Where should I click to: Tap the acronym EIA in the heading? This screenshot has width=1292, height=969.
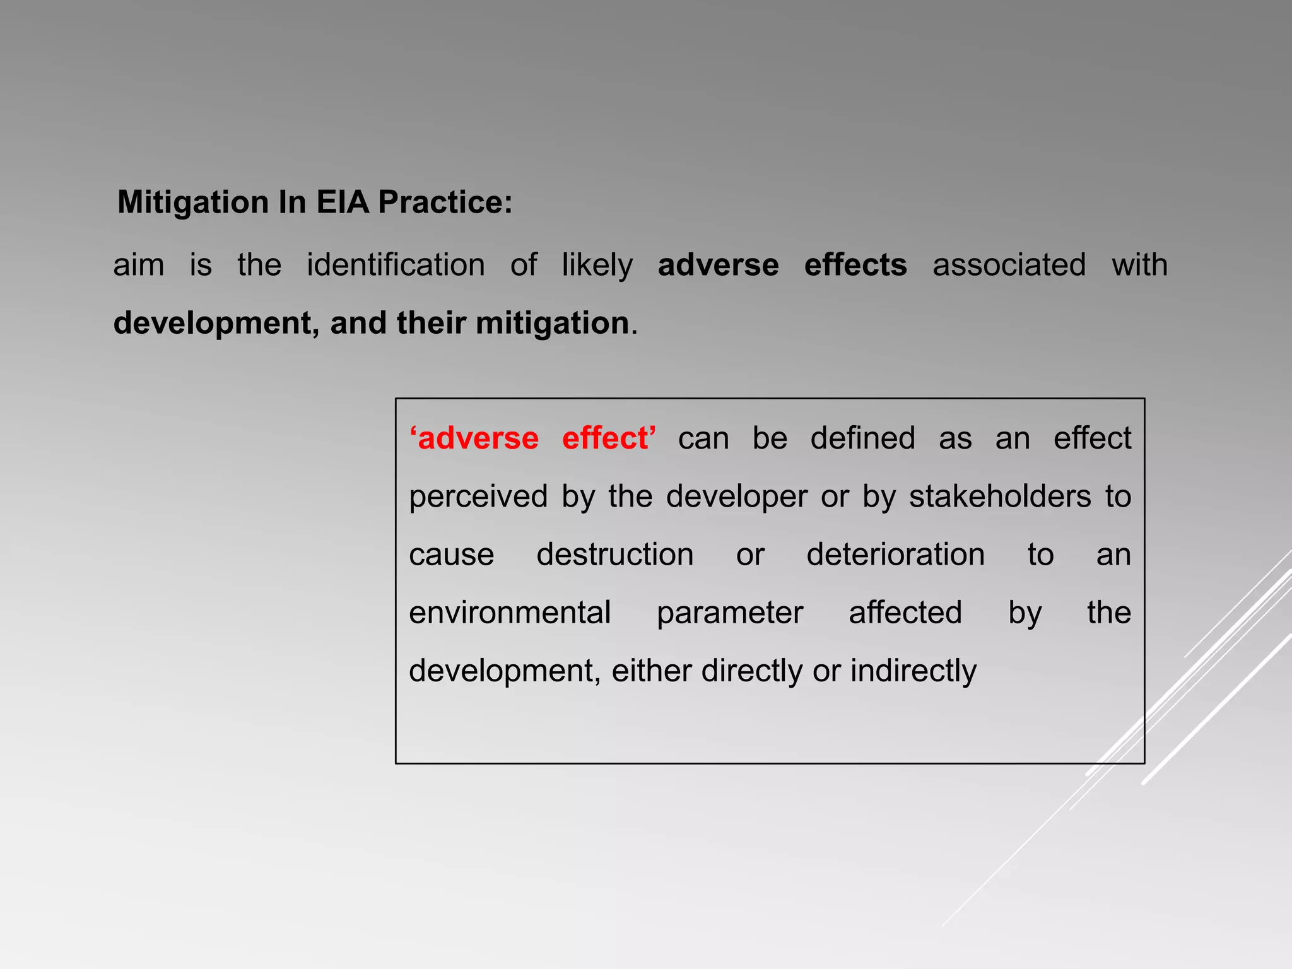(342, 203)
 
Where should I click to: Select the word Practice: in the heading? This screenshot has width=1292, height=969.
(445, 203)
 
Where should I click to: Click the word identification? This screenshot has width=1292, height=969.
(396, 265)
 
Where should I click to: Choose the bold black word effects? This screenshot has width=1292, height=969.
(855, 265)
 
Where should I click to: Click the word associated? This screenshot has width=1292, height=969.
(1009, 265)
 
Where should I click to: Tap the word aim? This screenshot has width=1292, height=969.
(138, 265)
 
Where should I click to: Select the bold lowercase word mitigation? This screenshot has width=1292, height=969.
(553, 324)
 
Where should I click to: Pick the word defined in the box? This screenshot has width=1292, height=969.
(862, 438)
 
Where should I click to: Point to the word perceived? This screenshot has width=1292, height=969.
(478, 497)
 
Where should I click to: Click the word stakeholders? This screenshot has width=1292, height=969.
(1000, 496)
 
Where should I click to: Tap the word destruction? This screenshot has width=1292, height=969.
(614, 555)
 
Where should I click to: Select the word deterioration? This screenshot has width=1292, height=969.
(895, 555)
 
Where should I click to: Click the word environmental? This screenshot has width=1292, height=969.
(510, 613)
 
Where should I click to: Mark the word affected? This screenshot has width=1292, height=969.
(905, 613)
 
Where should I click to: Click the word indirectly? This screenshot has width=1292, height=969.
(913, 671)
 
